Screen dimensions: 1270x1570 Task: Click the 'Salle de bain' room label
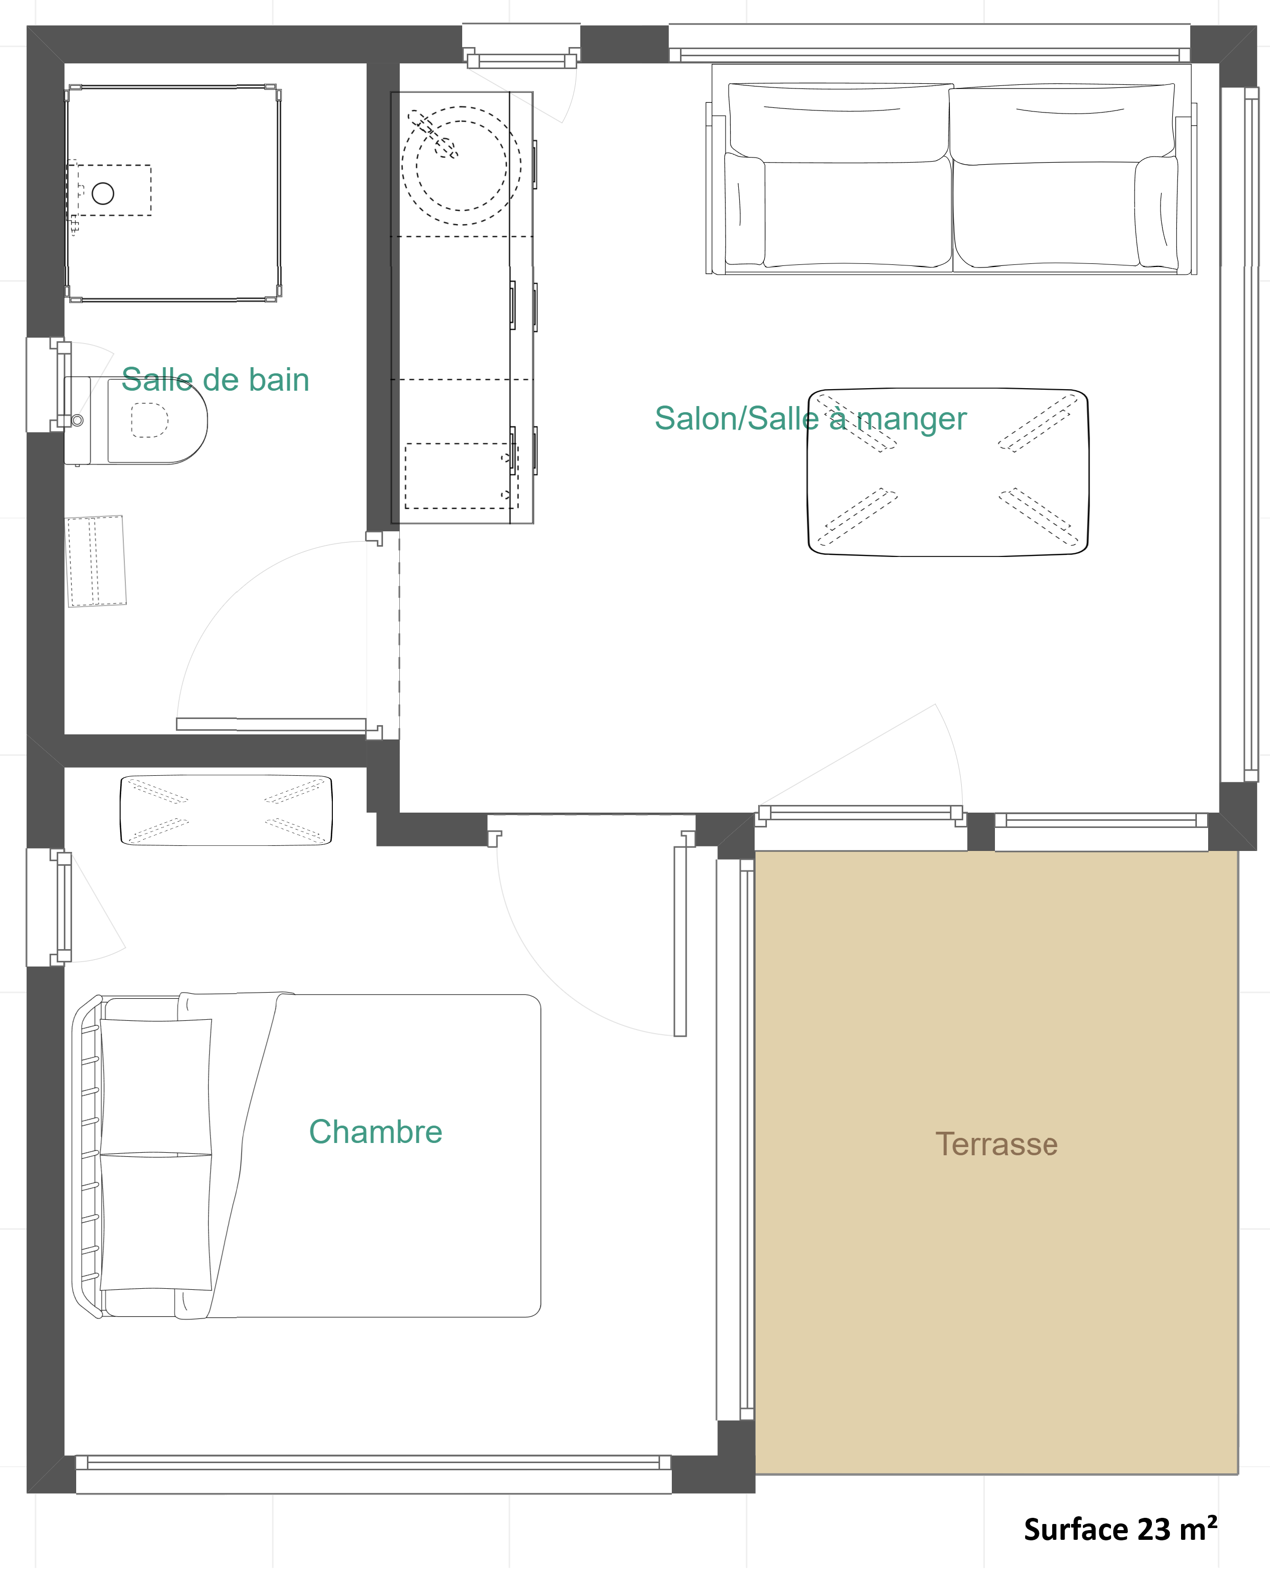(x=215, y=379)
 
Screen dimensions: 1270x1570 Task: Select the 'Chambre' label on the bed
(x=375, y=1132)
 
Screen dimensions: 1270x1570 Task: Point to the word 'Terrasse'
(x=996, y=1144)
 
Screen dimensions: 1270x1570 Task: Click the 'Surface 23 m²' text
(x=1120, y=1529)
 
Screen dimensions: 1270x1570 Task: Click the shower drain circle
(x=103, y=193)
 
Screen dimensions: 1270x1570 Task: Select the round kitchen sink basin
(x=462, y=165)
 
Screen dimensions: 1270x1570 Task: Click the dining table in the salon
(x=948, y=473)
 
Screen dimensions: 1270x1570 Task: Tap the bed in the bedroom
(x=307, y=1155)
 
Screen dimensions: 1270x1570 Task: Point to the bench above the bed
(x=226, y=810)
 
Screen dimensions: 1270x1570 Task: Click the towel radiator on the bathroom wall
(x=96, y=561)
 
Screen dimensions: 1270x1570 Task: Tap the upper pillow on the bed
(x=156, y=1086)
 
